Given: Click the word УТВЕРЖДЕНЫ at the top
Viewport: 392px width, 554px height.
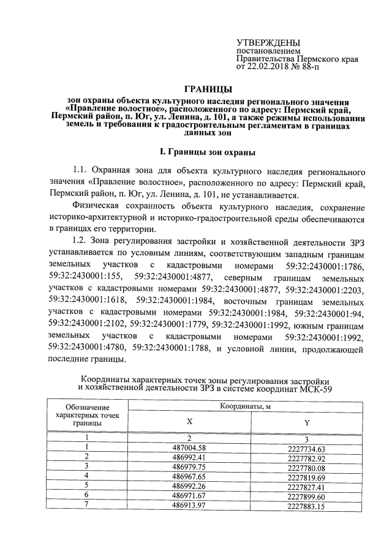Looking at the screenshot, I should pos(268,42).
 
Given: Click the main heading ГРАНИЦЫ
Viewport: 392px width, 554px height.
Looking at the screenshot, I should pos(208,89).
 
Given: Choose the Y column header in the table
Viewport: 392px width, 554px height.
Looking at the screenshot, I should pos(306,423).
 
